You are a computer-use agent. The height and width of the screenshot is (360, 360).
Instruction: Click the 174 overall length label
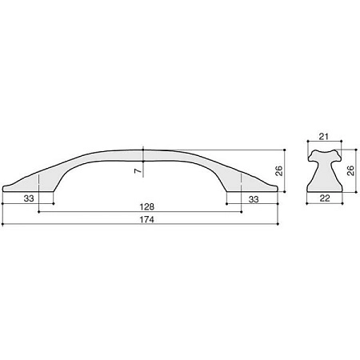[x=147, y=219]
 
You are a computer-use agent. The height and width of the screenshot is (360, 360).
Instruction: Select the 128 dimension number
[x=147, y=206]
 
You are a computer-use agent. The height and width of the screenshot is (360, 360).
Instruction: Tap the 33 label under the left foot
[x=29, y=198]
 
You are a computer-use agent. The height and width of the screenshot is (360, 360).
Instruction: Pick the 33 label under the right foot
[x=254, y=199]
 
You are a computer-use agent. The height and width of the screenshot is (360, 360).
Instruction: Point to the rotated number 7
[x=138, y=171]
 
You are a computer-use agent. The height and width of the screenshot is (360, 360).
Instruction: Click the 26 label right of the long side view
[x=278, y=170]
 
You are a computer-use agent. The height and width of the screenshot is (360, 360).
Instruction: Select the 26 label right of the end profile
[x=351, y=170]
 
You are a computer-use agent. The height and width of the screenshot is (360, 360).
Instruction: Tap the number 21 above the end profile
[x=324, y=137]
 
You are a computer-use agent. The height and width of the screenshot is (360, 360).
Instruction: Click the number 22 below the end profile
[x=325, y=198]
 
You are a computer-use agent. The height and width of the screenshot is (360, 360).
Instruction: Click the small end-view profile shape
[x=324, y=174]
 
